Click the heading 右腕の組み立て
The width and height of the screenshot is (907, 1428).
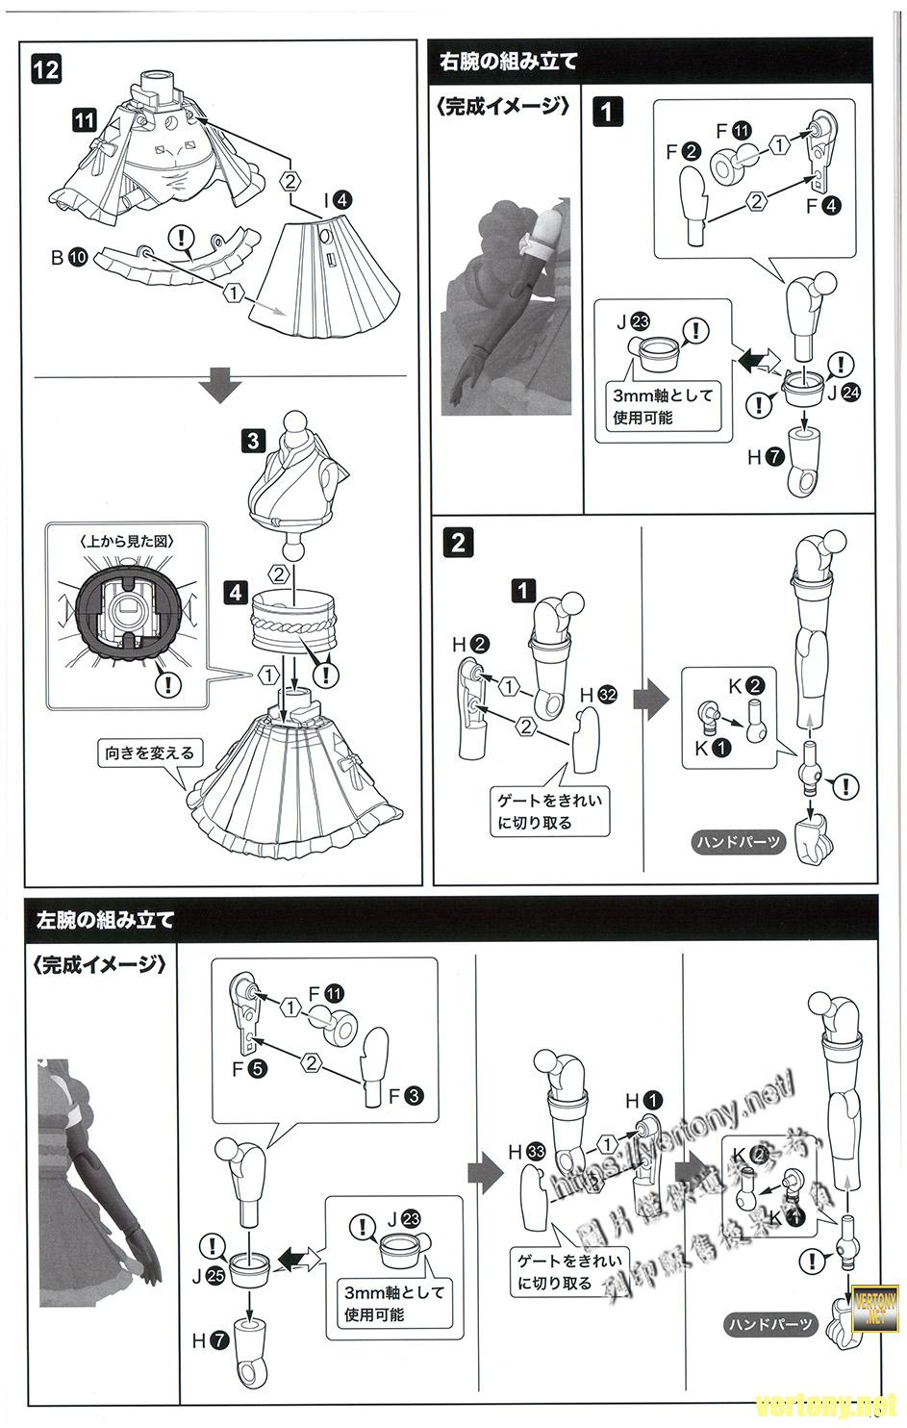pyautogui.click(x=509, y=63)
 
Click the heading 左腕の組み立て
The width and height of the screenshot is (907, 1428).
pyautogui.click(x=106, y=920)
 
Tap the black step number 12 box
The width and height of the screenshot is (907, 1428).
pyautogui.click(x=46, y=68)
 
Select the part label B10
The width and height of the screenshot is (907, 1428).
pyautogui.click(x=67, y=257)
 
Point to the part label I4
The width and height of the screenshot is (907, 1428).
pyautogui.click(x=337, y=200)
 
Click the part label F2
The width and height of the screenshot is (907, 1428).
pyautogui.click(x=682, y=152)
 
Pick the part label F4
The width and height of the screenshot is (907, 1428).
pyautogui.click(x=822, y=205)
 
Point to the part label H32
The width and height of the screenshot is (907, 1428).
pyautogui.click(x=597, y=695)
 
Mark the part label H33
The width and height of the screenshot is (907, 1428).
pyautogui.click(x=526, y=1151)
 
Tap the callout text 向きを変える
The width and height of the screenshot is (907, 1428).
pyautogui.click(x=150, y=752)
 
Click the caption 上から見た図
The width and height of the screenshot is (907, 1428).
pyautogui.click(x=126, y=541)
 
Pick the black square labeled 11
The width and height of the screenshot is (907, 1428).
pyautogui.click(x=84, y=119)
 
